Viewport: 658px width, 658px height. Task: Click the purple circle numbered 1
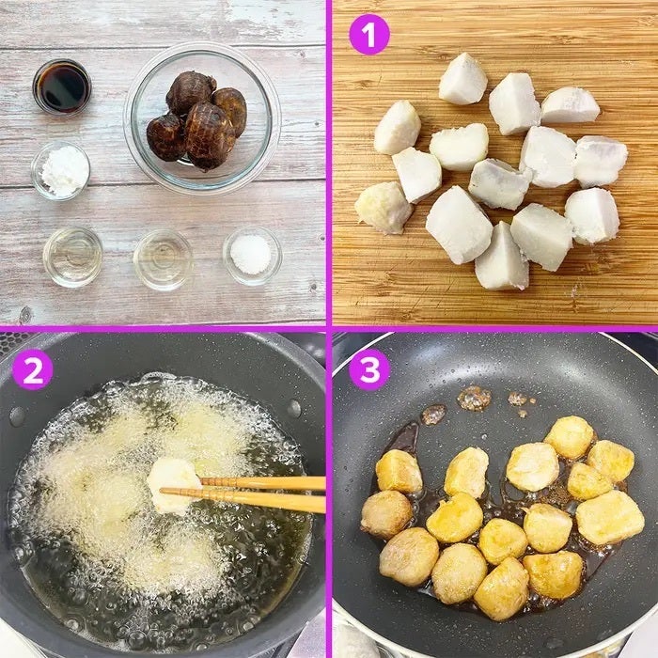pos(369,35)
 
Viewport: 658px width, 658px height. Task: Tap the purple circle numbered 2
pos(32,369)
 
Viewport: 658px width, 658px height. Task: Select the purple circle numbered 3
pos(369,369)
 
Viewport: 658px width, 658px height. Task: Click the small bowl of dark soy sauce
pos(62,86)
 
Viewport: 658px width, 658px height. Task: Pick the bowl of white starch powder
pos(61,171)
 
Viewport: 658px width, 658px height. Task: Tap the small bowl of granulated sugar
pos(252,255)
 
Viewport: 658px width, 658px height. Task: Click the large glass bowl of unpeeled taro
pos(202,117)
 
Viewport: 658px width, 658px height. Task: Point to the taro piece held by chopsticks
pos(173,486)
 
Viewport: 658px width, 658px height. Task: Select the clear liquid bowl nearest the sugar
pos(163,259)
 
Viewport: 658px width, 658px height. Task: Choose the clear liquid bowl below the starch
pos(72,258)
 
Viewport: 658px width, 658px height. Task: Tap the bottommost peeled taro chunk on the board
pos(501,257)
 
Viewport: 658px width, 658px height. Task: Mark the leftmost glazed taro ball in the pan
pos(386,514)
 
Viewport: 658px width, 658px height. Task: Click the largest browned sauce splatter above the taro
pos(474,398)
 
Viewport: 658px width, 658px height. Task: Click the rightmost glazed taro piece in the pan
pos(610,517)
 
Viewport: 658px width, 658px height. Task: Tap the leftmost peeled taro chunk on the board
pos(384,208)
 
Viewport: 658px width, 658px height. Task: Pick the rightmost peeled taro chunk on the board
pos(601,162)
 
